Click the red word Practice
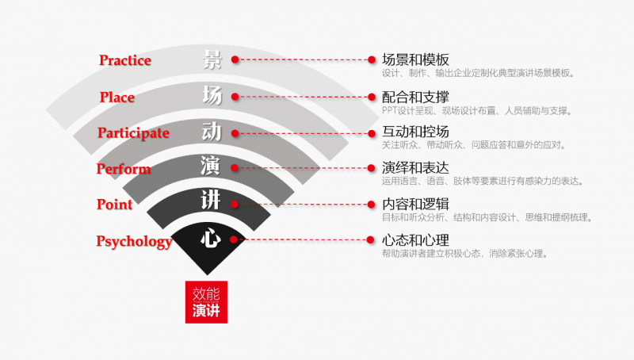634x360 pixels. coord(125,60)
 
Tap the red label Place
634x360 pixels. coord(117,98)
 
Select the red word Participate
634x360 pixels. coord(133,132)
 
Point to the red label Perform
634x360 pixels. coord(124,169)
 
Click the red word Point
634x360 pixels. coord(114,205)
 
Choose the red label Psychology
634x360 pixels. coord(134,241)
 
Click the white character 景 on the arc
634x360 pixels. coord(212,59)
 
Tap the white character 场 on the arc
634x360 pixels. coord(212,96)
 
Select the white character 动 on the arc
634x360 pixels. coord(212,132)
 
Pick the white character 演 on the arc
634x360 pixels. coord(211,167)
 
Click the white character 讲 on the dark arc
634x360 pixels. coord(211,202)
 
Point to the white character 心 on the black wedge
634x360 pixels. coord(210,239)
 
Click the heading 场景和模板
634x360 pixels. coord(415,59)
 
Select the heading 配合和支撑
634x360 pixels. coord(415,97)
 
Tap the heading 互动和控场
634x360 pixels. coord(415,132)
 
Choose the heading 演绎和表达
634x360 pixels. coord(415,167)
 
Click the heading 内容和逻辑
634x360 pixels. coord(415,204)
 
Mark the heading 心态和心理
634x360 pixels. coord(415,239)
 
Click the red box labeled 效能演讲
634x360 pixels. coord(206,301)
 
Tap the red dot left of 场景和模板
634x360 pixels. coord(371,59)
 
